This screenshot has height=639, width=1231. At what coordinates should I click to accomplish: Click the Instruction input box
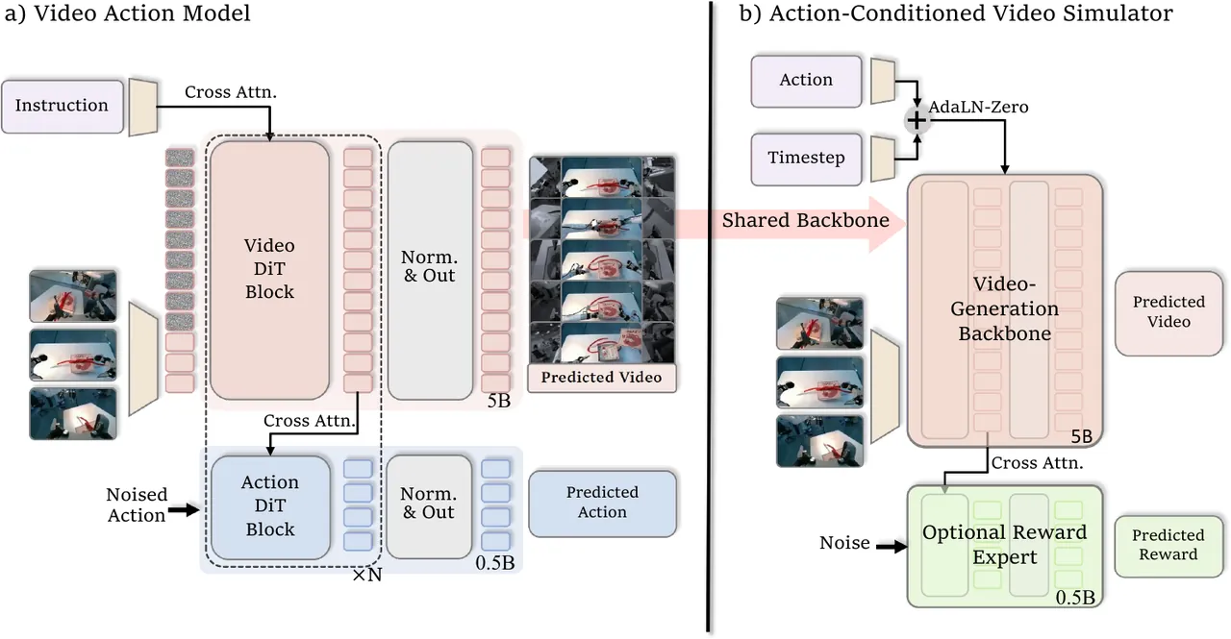tap(63, 107)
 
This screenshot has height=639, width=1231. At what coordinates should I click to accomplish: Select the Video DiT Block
tap(270, 270)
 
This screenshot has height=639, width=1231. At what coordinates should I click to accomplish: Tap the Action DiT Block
tap(270, 506)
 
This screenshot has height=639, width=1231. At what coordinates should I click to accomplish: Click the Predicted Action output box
tap(602, 503)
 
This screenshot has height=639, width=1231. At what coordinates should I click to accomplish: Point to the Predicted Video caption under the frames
tap(602, 378)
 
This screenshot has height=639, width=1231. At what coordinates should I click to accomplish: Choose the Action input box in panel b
tap(806, 81)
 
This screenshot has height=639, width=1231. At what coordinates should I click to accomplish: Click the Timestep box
tap(806, 159)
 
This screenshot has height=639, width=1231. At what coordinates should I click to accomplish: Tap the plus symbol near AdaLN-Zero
tap(917, 121)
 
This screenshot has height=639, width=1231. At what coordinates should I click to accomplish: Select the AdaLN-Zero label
tap(978, 107)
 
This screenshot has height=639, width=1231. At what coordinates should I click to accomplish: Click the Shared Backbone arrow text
tap(806, 220)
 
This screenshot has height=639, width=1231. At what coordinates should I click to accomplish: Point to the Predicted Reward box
tap(1168, 546)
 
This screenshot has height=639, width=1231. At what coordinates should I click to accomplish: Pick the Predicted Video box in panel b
tap(1168, 313)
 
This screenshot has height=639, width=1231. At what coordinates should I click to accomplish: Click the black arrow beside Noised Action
tap(184, 510)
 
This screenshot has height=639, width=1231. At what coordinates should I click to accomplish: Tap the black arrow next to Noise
tap(892, 547)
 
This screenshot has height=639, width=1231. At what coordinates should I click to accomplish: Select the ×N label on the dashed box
tap(367, 576)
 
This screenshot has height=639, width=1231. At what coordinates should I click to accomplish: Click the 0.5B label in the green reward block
tap(1075, 598)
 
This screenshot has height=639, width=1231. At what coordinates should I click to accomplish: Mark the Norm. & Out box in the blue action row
tap(429, 506)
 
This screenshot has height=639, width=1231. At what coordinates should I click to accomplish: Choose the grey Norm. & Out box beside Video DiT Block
tap(430, 270)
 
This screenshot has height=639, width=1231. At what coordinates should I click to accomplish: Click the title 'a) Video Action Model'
tap(128, 13)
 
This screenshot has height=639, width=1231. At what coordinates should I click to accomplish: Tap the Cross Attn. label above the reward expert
tap(1037, 463)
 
